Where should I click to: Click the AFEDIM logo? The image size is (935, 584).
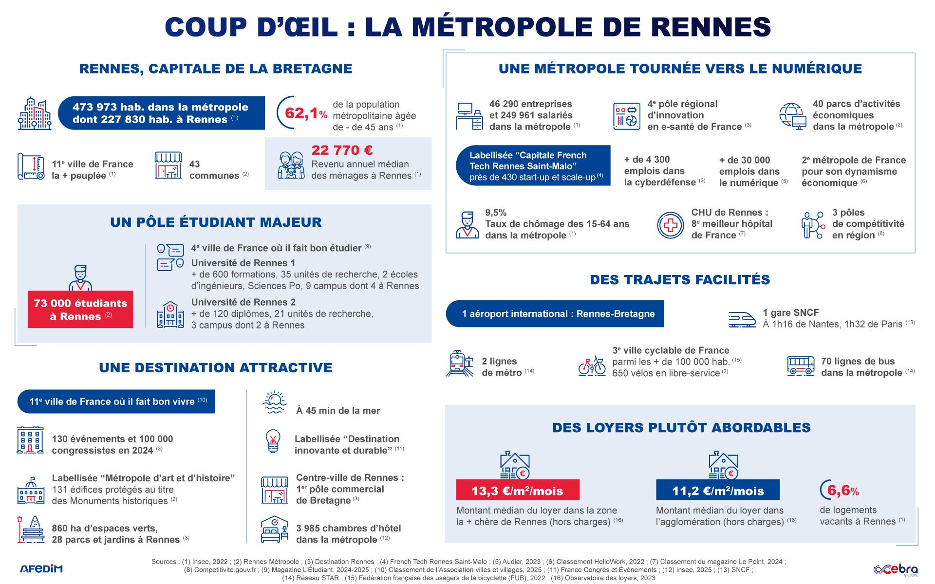pos(41,568)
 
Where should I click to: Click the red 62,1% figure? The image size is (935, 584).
pos(305,113)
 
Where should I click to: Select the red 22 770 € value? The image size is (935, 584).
pos(342,150)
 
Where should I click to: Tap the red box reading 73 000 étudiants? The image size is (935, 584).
pos(80,310)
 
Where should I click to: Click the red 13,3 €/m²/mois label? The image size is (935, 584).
pos(517,491)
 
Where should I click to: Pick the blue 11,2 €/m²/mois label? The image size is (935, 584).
pos(717,491)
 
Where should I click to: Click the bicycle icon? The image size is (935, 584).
pos(592,366)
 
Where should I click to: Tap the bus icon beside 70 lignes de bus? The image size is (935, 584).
pos(801,366)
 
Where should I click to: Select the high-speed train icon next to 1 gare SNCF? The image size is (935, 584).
pos(742,319)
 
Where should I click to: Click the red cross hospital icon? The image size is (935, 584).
pos(671,224)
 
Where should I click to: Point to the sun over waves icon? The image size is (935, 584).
pos(274,402)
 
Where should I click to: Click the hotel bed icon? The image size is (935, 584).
pos(275,530)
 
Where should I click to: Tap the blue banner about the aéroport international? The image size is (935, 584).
pos(555,314)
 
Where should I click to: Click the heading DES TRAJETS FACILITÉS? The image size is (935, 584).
pos(680,280)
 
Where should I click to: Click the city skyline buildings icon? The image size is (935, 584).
pos(35,113)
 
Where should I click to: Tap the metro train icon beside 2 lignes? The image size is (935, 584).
pos(459,364)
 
